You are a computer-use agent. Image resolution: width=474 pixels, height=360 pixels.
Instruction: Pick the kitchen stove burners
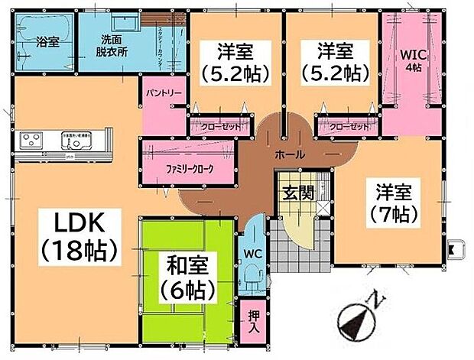pos(31,140)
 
